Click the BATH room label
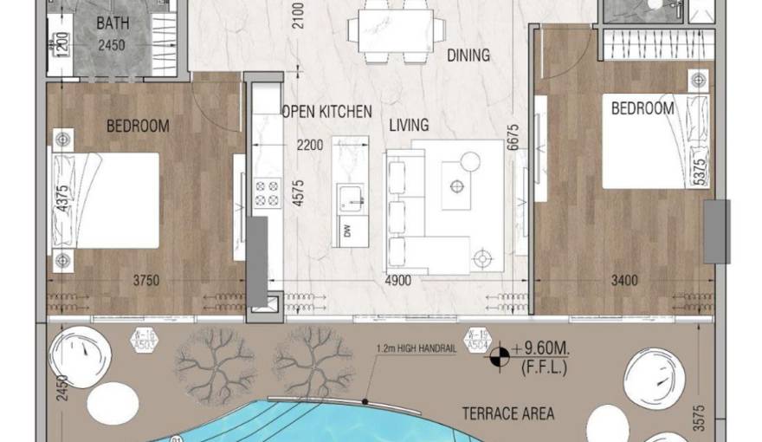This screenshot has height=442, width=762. tap(113, 23)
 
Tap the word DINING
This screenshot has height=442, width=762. tap(468, 55)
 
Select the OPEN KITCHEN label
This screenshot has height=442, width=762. tap(327, 112)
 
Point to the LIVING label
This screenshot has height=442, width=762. tap(409, 125)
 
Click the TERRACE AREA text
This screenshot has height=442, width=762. tap(507, 413)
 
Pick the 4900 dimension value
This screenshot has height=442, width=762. tap(397, 280)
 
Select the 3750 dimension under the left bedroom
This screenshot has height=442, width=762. tap(149, 280)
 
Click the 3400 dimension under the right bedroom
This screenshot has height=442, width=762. tap(623, 280)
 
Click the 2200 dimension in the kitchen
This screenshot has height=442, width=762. tap(310, 145)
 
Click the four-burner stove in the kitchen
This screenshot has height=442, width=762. tap(267, 193)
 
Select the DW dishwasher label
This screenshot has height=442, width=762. tap(347, 231)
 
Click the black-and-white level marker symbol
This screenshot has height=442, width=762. tap(498, 355)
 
